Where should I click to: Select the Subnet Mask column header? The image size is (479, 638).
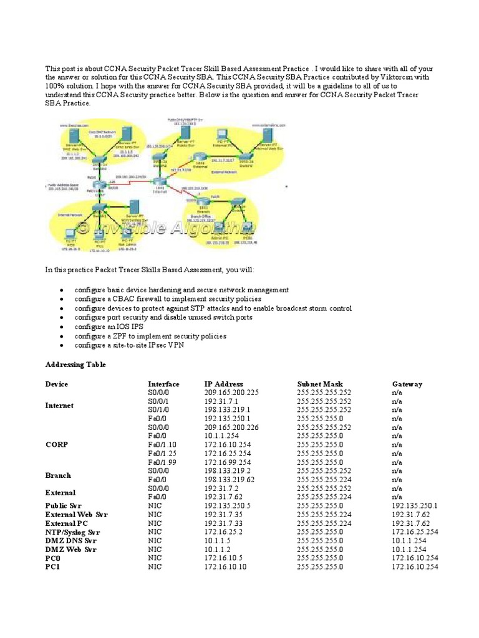(320, 384)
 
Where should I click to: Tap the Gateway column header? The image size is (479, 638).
(407, 384)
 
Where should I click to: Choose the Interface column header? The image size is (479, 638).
(163, 384)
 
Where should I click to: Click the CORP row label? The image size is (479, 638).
(56, 445)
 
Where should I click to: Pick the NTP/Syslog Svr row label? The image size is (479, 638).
(72, 532)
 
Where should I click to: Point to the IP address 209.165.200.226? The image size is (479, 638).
(231, 427)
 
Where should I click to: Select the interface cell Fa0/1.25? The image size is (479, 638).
(162, 454)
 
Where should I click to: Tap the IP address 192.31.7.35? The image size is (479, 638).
(223, 515)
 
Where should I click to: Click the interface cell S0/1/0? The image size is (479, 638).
(157, 410)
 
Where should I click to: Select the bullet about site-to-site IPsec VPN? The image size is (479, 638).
(131, 345)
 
